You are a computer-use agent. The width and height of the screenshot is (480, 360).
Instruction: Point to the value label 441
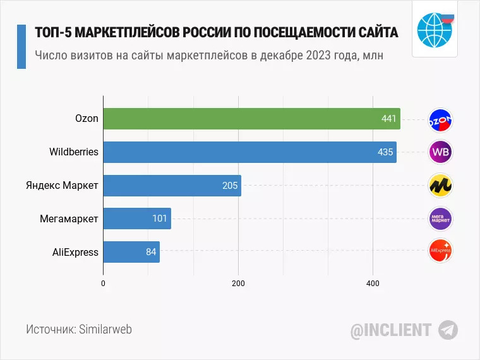389,119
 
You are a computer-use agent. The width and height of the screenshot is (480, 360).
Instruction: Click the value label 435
385,152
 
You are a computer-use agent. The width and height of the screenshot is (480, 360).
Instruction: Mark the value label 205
230,186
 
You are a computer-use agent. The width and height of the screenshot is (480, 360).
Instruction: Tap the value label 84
151,252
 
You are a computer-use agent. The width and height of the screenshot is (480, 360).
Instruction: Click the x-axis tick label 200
238,282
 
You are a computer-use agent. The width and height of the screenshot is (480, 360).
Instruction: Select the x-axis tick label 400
373,282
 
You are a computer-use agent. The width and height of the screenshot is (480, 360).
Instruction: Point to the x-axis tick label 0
103,282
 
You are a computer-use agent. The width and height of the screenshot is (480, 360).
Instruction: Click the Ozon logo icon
440,119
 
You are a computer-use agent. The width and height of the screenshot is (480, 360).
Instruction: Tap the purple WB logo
440,152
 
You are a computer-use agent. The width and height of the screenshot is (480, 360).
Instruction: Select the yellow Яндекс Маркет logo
440,186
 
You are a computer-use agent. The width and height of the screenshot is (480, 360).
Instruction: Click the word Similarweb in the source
106,330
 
